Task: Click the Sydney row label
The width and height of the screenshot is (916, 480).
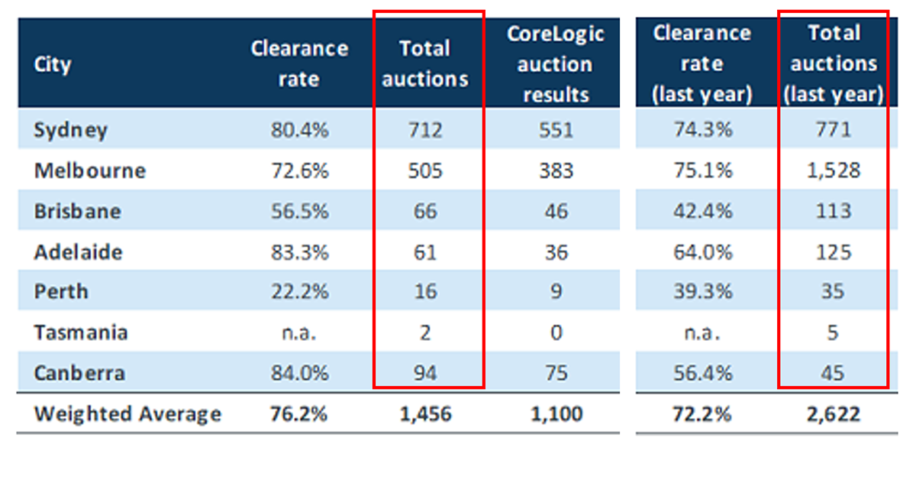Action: click(x=70, y=130)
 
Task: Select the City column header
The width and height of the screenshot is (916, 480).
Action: click(x=52, y=64)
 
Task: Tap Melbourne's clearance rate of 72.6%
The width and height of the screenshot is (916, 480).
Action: click(x=299, y=170)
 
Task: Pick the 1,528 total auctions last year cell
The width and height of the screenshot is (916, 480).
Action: click(x=833, y=170)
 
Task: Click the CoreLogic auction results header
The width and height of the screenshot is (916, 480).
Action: click(x=554, y=64)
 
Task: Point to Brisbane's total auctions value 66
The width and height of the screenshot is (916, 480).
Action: click(x=425, y=211)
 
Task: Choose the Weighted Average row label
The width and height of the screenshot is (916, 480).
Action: click(x=127, y=414)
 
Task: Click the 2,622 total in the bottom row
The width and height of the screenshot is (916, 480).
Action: click(x=833, y=414)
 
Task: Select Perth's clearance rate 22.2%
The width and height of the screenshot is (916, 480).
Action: click(x=299, y=292)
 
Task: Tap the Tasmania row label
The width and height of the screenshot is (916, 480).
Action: click(x=80, y=333)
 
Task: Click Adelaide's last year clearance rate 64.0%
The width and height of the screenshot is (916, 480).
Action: click(x=702, y=251)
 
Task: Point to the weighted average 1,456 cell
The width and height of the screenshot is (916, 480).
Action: click(x=425, y=414)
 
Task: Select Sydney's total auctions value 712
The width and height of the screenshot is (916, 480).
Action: click(x=425, y=130)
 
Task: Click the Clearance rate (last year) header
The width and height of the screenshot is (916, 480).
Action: click(x=702, y=64)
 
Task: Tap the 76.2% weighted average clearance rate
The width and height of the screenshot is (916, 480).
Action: click(x=299, y=414)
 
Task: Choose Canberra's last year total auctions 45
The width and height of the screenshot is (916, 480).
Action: click(x=833, y=374)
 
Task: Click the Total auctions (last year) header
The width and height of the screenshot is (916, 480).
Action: click(x=833, y=64)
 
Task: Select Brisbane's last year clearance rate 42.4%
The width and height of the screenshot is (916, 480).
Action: click(x=702, y=211)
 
